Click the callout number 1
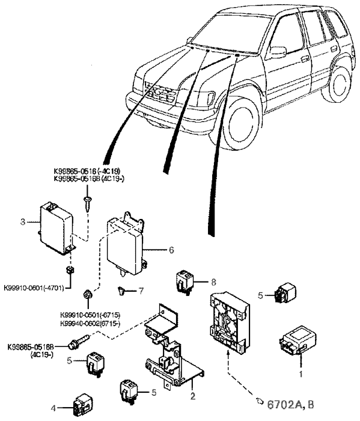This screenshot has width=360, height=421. pos(301,373)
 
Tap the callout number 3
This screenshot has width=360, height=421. pos(22,222)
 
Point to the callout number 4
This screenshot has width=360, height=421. pos(53,409)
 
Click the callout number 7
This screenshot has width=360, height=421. pos(142,290)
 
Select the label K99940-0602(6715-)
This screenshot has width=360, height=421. pos(94,323)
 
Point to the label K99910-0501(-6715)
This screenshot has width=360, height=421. pos(94,315)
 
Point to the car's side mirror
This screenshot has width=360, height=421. pos(278,52)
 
